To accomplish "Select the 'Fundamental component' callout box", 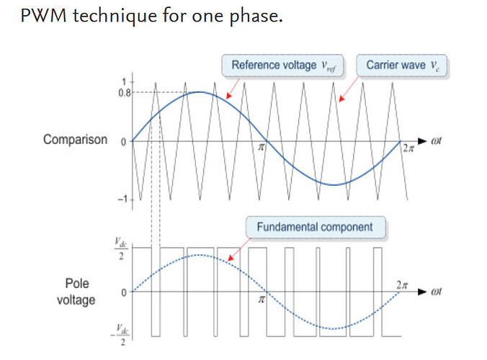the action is click(315, 228).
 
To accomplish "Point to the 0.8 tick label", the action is click(122, 93).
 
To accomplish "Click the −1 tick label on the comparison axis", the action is click(122, 199).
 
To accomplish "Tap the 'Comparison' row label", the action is click(75, 140).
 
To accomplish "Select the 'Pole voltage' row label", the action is click(76, 292).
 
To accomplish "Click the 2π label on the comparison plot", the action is click(408, 150).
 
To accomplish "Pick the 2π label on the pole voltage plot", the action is click(402, 286).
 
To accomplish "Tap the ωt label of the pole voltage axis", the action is click(437, 292).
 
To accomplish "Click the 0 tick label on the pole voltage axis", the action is click(123, 292).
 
